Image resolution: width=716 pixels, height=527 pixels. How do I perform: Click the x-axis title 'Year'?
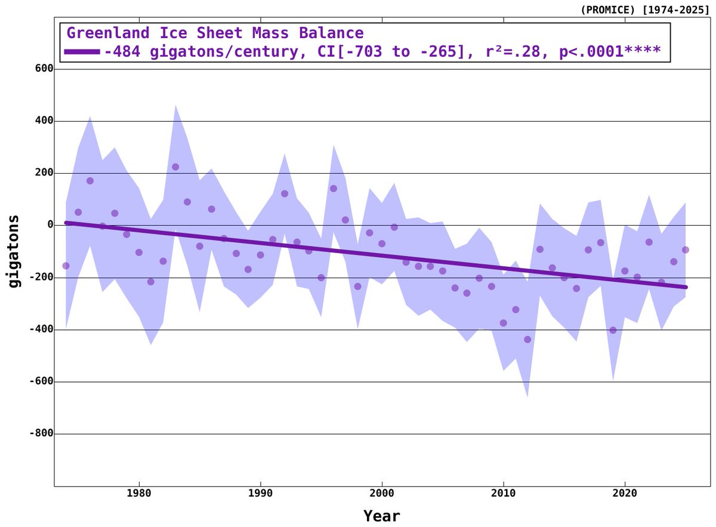pos(382,515)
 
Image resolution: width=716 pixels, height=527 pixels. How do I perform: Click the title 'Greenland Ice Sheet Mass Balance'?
pos(215,33)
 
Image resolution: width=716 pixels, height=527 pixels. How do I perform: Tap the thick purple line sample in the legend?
pos(82,51)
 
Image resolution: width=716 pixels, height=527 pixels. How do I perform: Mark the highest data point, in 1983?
pos(175,167)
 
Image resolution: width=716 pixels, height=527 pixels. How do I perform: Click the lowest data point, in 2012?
pos(527,339)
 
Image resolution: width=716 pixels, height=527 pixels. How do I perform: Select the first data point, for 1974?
pos(66,266)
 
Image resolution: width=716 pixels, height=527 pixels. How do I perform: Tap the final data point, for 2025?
pos(686,249)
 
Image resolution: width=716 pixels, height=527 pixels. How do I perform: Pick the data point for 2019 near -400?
pos(613,330)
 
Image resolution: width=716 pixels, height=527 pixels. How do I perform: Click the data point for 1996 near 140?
pos(334,189)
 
